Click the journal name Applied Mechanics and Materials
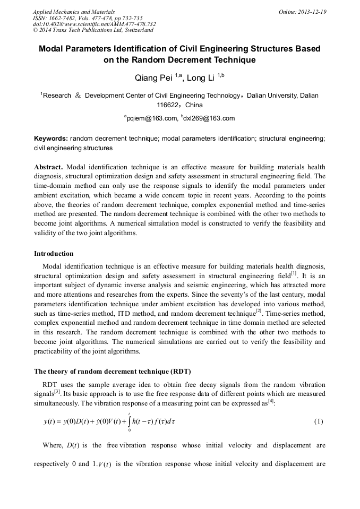point(73,11)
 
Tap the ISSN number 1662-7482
point(65,18)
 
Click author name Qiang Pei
point(155,78)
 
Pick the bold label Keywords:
point(51,138)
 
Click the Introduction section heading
point(54,253)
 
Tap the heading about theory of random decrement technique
point(112,370)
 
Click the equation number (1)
point(318,421)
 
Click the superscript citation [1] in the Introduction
point(294,273)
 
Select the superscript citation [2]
point(259,311)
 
